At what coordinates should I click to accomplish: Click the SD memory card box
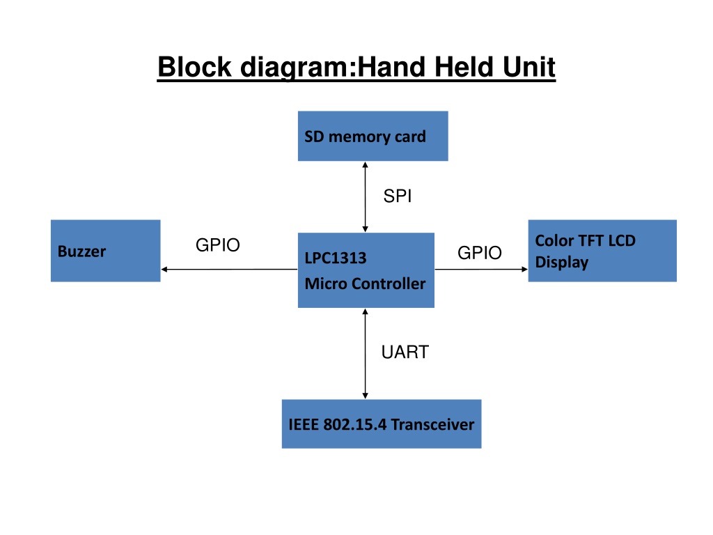(x=373, y=136)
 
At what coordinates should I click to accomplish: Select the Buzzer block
(x=106, y=251)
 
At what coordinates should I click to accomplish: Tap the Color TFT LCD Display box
(x=602, y=251)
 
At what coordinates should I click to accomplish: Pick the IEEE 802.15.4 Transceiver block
(x=382, y=424)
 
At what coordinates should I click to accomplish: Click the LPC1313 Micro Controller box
(x=366, y=270)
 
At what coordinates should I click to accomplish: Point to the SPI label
(x=398, y=196)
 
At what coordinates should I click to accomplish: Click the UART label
(x=405, y=352)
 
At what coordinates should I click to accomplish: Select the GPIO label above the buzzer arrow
(x=218, y=245)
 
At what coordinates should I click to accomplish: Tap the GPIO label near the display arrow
(x=480, y=253)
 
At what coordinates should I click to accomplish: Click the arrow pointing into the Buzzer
(x=230, y=270)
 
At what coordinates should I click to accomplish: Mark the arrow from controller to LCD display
(x=481, y=270)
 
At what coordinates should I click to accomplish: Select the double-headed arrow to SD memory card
(x=365, y=197)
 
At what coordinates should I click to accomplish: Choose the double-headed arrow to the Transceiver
(x=365, y=354)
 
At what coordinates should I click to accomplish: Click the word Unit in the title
(x=529, y=68)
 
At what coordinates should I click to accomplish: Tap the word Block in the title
(x=195, y=68)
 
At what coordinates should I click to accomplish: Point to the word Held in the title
(x=463, y=68)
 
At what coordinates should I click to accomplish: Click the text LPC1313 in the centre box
(x=336, y=258)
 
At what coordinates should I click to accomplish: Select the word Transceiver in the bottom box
(x=432, y=424)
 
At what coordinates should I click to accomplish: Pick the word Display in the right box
(x=562, y=263)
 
